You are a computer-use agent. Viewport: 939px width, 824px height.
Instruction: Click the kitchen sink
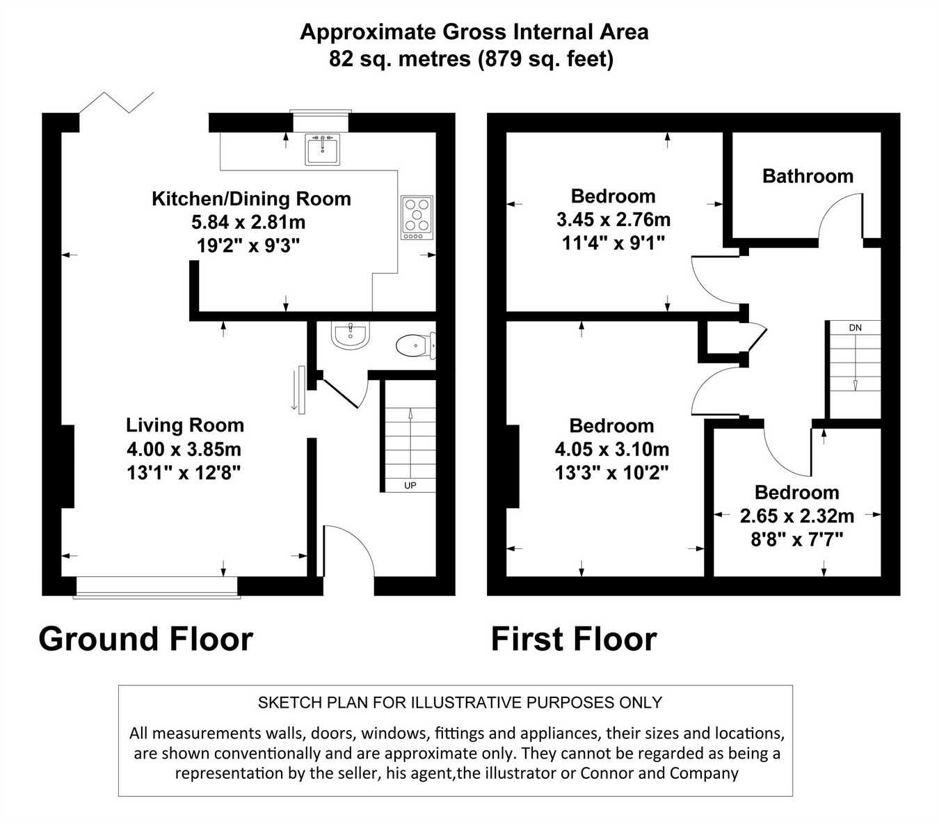[322, 149]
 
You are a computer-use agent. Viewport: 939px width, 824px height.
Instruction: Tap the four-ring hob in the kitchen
[417, 217]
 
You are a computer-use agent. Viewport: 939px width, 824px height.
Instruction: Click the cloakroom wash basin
[351, 335]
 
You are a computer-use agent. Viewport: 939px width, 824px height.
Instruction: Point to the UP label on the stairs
[410, 485]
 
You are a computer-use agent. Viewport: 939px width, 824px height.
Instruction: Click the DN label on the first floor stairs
[855, 327]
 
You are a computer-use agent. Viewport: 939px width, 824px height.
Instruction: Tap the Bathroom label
[808, 176]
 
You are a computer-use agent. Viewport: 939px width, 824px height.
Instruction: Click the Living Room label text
[185, 425]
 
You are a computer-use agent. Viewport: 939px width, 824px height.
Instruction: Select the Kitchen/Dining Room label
[251, 199]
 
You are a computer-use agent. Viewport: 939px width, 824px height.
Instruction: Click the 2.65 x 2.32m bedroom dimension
[796, 516]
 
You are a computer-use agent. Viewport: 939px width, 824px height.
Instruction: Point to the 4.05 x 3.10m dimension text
[612, 449]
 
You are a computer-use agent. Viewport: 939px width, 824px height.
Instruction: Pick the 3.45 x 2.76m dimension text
[613, 219]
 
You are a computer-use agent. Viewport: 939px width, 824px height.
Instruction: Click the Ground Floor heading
[145, 639]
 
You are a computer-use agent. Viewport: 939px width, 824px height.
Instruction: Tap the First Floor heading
[574, 639]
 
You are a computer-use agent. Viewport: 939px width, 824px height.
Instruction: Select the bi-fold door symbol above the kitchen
[116, 102]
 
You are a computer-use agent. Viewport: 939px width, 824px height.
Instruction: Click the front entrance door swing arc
[362, 539]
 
